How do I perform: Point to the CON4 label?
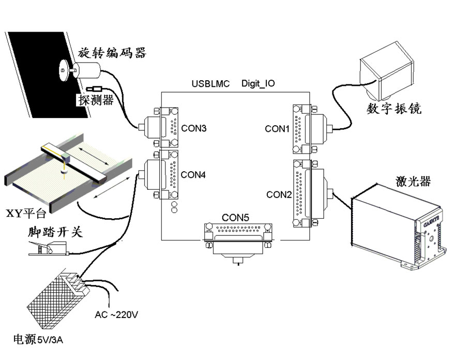pos(194,175)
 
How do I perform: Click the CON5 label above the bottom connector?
pos(236,218)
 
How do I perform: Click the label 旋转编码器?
pos(112,53)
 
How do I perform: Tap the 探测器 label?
pos(96,100)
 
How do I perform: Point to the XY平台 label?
pos(26,213)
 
